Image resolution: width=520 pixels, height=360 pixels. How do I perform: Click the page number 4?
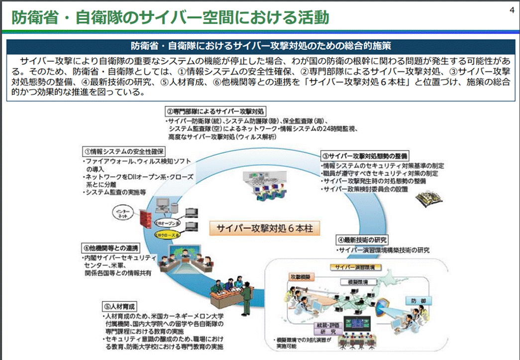point(512,11)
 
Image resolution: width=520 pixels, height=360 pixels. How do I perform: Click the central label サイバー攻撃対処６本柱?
point(264,229)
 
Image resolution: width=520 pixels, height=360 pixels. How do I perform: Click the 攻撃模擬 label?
point(300,276)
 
